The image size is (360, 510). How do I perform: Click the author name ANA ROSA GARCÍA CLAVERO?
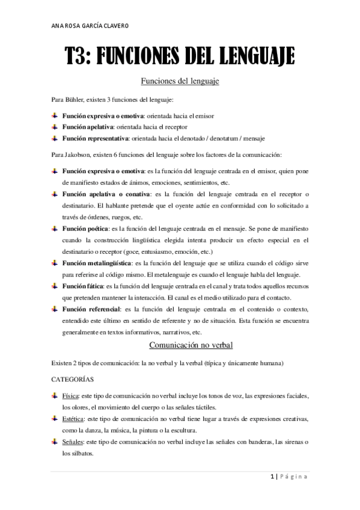coord(91,26)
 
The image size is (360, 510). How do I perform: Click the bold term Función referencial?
coord(91,309)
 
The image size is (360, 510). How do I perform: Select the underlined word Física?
coord(70,396)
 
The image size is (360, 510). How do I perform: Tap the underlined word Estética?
coord(74,419)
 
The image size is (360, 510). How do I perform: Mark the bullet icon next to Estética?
coord(55,419)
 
